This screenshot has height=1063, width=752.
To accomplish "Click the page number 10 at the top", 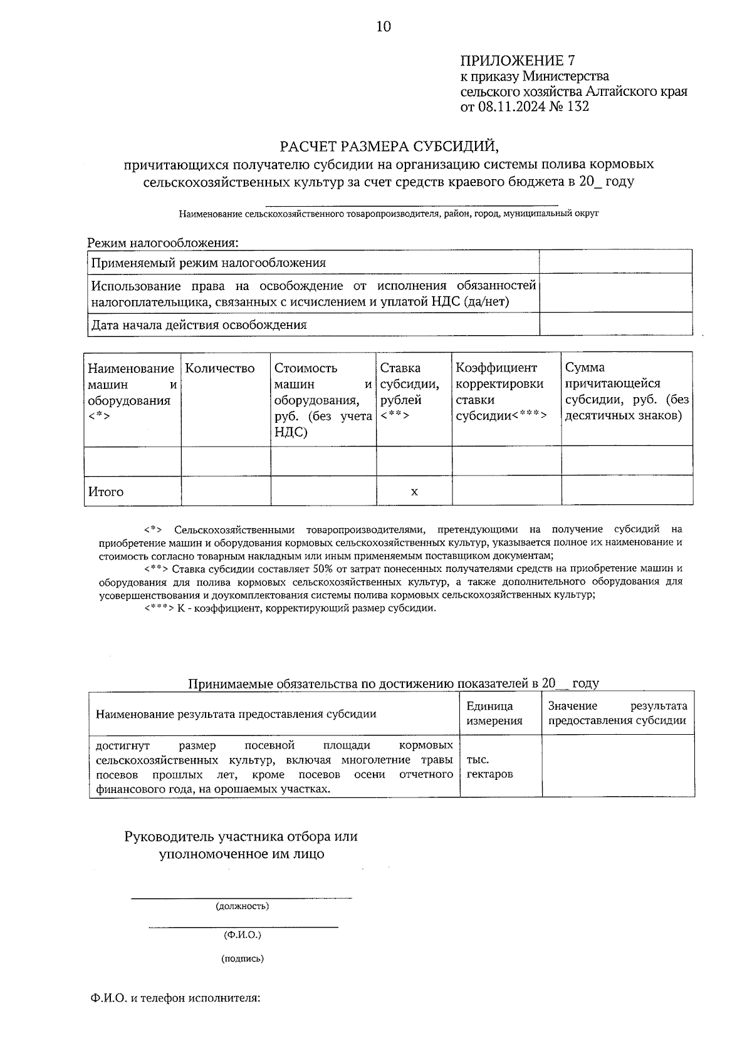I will click(x=383, y=26).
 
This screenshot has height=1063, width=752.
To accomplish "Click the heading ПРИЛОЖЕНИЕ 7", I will click(x=518, y=61).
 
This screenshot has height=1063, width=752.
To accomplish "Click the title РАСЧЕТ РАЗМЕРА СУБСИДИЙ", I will click(x=389, y=147).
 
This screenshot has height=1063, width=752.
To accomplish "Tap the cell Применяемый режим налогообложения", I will click(x=209, y=262).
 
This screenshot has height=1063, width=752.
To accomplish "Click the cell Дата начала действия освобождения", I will click(x=199, y=324).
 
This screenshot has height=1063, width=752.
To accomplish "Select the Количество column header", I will click(x=220, y=368).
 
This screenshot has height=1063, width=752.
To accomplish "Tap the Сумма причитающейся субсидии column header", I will click(x=627, y=391).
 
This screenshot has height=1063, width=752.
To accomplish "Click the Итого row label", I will click(x=106, y=492).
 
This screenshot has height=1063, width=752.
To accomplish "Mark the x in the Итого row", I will click(x=414, y=492).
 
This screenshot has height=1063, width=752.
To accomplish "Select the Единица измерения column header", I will click(x=494, y=713).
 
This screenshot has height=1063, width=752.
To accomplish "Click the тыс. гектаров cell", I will click(x=489, y=767).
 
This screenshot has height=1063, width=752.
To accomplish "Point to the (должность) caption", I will click(x=243, y=906).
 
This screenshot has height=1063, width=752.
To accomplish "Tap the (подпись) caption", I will click(x=243, y=958).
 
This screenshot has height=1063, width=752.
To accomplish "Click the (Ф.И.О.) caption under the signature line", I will click(x=243, y=935).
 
